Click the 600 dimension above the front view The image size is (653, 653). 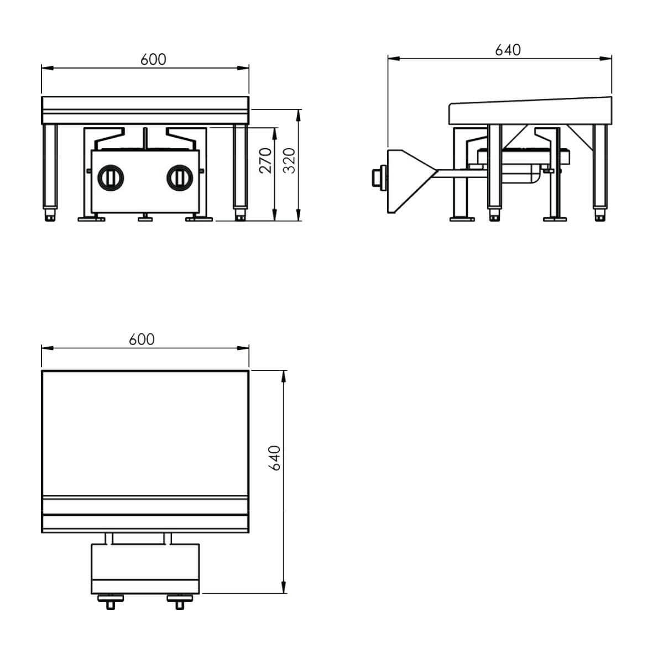(153, 60)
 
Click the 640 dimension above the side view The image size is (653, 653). (508, 50)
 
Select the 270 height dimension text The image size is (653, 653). (265, 160)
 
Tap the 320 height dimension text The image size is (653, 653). (289, 160)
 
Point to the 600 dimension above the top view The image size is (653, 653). (142, 339)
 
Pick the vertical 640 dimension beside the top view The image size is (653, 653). (275, 458)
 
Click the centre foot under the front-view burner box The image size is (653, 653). (145, 217)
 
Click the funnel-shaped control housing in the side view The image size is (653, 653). (410, 181)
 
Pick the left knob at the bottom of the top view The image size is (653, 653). (111, 602)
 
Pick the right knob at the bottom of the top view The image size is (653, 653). (180, 602)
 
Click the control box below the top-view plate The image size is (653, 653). (145, 568)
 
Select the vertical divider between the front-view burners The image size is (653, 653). (145, 139)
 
